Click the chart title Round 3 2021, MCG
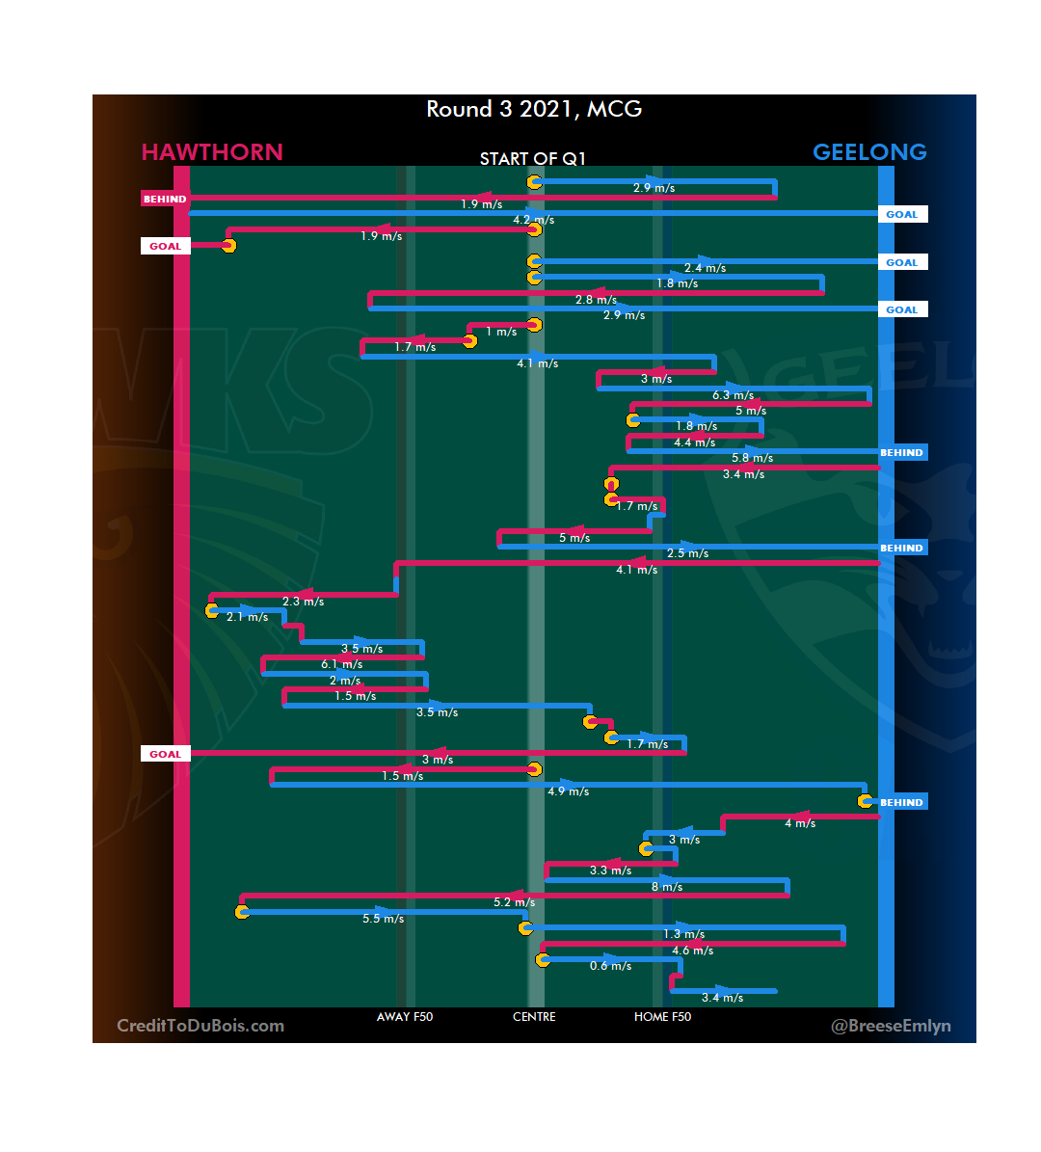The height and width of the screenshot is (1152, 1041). [x=534, y=109]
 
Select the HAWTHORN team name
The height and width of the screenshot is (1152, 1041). [x=212, y=152]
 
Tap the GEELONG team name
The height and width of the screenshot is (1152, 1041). [x=869, y=152]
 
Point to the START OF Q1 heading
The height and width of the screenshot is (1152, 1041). [x=533, y=159]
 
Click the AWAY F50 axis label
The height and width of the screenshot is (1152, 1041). [x=405, y=1017]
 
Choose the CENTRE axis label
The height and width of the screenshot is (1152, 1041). [x=534, y=1017]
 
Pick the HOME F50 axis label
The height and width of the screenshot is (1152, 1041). [x=662, y=1017]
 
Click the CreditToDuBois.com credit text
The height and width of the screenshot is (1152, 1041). [x=200, y=1026]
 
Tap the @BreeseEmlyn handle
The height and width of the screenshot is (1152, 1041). [x=891, y=1026]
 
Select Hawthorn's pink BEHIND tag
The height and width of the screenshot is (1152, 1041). [x=165, y=200]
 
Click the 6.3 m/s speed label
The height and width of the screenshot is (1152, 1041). [x=733, y=395]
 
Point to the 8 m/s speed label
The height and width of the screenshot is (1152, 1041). [x=667, y=887]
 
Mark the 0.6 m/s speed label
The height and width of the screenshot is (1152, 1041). [x=611, y=966]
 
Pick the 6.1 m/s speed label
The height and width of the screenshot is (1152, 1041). [x=342, y=664]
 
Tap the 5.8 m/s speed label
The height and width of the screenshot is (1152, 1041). [x=752, y=458]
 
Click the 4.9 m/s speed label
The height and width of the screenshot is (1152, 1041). [x=568, y=791]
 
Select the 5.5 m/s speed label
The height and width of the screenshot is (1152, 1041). [x=383, y=919]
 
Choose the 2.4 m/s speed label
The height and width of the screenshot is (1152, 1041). [x=705, y=268]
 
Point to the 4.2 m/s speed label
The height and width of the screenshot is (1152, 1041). [x=533, y=220]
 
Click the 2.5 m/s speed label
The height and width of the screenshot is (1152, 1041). [x=687, y=553]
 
